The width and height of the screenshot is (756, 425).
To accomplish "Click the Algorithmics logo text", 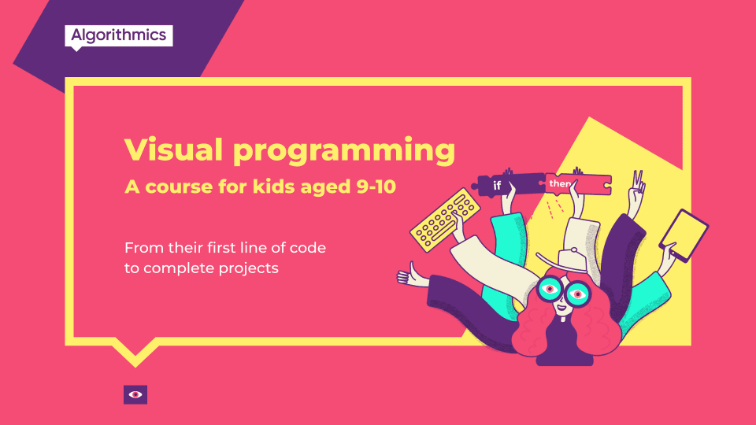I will (118, 35).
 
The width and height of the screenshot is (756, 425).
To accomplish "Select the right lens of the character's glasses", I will (579, 294).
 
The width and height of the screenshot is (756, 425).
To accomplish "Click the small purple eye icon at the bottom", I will (135, 394).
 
